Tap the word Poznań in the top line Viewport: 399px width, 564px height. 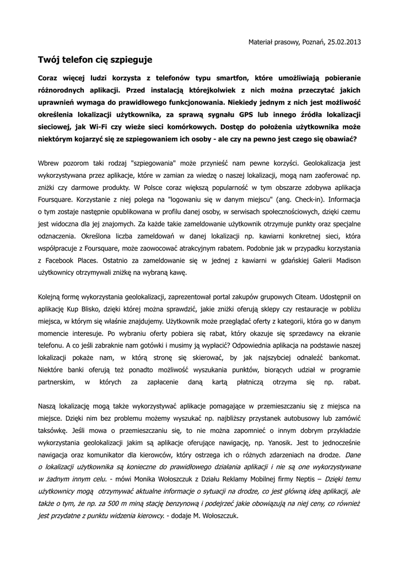click(312, 41)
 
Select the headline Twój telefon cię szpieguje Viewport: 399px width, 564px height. click(94, 58)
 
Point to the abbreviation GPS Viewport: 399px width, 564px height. click(247, 115)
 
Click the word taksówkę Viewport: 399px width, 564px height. click(53, 430)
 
